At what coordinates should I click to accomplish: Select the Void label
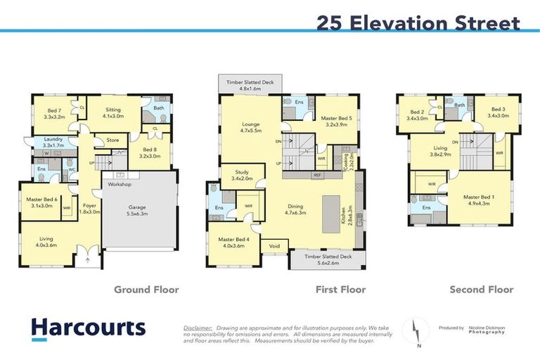coord(274,247)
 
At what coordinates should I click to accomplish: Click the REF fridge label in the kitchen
coord(317,174)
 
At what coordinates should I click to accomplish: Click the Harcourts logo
coord(88,328)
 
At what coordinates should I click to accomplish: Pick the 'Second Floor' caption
coord(482,289)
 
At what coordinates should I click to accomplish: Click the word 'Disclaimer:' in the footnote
coord(198,328)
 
